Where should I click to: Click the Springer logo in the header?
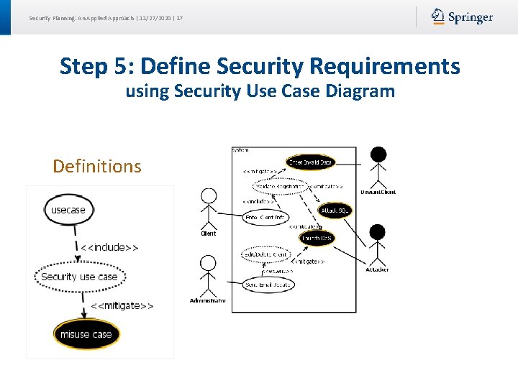click(x=462, y=17)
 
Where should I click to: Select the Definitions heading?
click(x=97, y=166)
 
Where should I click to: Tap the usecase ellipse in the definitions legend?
click(x=68, y=210)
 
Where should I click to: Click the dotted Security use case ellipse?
click(x=79, y=277)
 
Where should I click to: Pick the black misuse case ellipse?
click(x=86, y=334)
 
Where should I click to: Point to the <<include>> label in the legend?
click(x=109, y=247)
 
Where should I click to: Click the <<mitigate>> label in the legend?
click(x=122, y=305)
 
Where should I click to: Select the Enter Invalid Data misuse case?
click(x=310, y=163)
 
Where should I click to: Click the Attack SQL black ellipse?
click(x=335, y=210)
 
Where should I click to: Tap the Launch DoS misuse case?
click(x=317, y=238)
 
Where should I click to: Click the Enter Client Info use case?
click(x=265, y=217)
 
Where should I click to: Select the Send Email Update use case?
click(x=268, y=285)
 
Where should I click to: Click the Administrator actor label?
click(x=208, y=300)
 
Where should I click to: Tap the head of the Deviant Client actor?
click(x=378, y=154)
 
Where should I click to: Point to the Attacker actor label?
click(x=377, y=269)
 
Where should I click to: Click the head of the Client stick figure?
click(x=209, y=195)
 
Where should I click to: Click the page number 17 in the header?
click(x=179, y=17)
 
